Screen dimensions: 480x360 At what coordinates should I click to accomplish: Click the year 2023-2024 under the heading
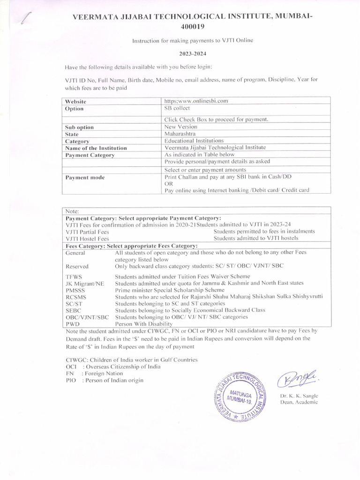[x=193, y=53]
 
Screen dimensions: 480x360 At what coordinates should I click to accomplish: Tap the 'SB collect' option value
[x=177, y=108]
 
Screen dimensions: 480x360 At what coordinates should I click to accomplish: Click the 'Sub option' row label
[x=79, y=127]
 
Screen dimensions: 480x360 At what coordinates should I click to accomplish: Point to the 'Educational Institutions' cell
[x=194, y=140]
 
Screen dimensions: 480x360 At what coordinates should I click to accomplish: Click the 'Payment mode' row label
[x=85, y=177]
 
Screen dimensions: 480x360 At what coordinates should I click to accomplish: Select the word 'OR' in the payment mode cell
[x=168, y=184]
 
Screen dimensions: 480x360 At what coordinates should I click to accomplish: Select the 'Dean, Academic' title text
[x=299, y=402]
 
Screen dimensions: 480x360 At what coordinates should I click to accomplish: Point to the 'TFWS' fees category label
[x=74, y=277]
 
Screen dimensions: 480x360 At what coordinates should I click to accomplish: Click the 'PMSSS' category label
[x=75, y=290]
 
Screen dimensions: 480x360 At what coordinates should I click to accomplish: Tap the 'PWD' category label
[x=73, y=323]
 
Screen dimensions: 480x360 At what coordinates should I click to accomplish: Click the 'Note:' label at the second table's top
[x=73, y=211]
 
